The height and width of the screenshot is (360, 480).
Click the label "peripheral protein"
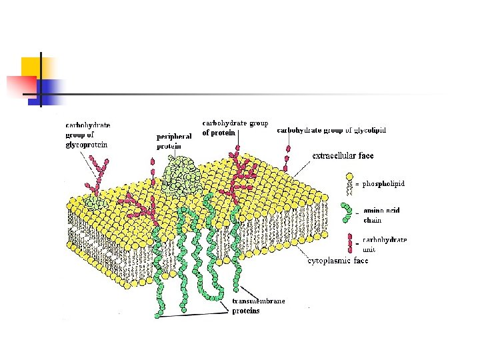pos(174,141)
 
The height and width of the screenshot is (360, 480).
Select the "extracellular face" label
pos(343,156)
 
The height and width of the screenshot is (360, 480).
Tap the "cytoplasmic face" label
pos(337,261)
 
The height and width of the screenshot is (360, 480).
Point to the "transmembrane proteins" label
pos(259,306)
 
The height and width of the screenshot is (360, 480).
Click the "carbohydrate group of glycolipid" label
pos(331,131)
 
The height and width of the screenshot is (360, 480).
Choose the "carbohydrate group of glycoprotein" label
pos(87,134)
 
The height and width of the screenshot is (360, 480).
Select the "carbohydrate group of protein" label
pos(226,127)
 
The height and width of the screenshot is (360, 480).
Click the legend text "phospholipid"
pos(383,183)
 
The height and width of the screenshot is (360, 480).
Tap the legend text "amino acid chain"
pos(377,215)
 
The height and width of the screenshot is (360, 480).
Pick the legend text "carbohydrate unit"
pos(385,244)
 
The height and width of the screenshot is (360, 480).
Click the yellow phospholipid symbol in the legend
pos(348,184)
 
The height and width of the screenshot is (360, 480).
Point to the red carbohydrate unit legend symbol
pos(349,241)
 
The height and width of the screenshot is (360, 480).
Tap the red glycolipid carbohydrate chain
pos(287,157)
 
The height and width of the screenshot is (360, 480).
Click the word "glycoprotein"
pos(87,144)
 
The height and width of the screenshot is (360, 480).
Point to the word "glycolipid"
pos(370,131)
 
